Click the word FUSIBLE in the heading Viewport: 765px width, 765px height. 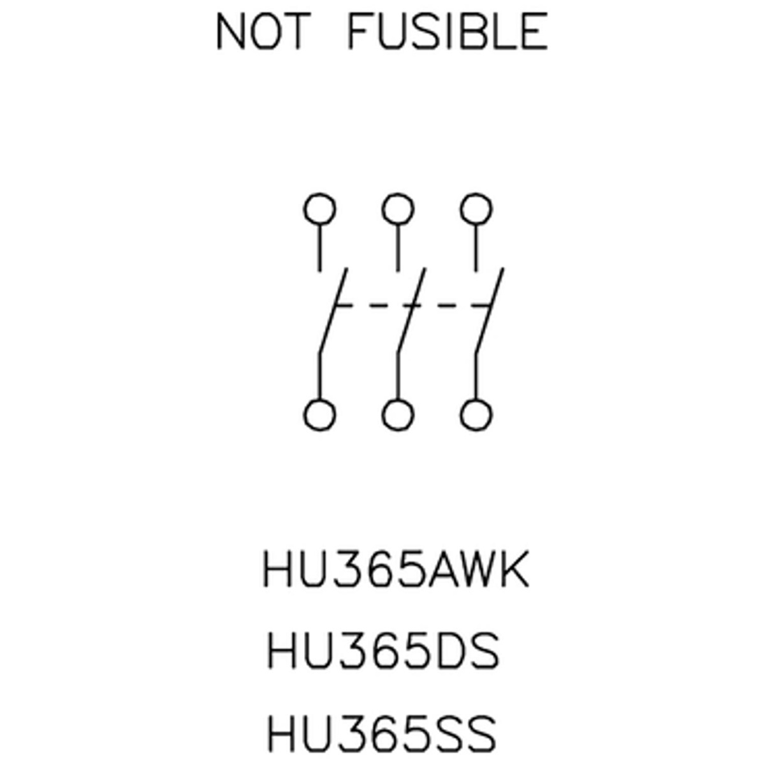point(447,32)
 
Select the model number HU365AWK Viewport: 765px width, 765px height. point(395,569)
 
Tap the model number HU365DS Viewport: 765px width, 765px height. point(382,652)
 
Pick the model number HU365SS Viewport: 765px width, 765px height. point(381,733)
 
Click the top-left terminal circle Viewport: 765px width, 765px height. point(319,209)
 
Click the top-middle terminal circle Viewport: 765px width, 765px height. point(397,209)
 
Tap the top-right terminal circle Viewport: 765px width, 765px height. point(476,209)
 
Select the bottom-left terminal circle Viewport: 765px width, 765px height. point(319,415)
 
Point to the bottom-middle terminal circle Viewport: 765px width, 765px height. point(397,415)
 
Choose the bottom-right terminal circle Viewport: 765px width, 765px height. point(476,415)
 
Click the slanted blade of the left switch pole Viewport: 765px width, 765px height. point(333,312)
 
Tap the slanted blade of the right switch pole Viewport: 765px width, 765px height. point(489,312)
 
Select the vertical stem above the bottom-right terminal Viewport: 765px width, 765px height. point(476,376)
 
